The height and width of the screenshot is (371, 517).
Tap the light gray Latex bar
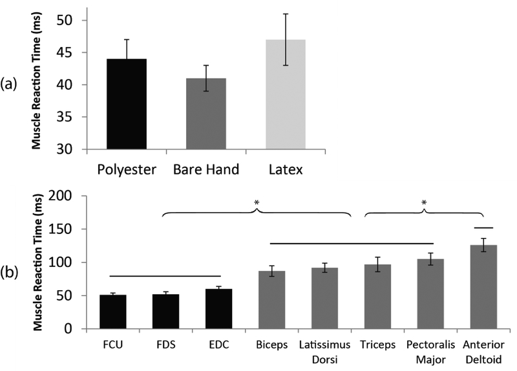tap(286, 94)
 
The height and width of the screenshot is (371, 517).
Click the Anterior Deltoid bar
tap(483, 287)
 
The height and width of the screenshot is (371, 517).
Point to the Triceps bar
tap(377, 297)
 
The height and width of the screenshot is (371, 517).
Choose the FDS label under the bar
tap(165, 342)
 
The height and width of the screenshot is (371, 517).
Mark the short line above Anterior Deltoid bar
tap(483, 228)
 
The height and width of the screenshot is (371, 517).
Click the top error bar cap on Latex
tap(286, 14)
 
